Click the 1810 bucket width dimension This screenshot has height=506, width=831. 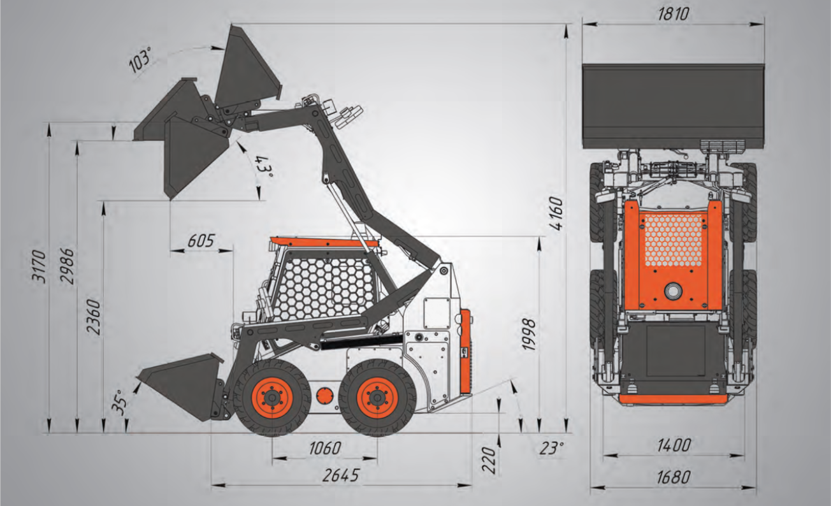pos(674,15)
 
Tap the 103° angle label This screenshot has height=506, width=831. pos(141,61)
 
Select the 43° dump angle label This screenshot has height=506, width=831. pos(264,167)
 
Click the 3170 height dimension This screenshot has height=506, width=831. pos(40,267)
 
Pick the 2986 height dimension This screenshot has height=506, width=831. pos(68,266)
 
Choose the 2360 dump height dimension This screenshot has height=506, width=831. pos(94,317)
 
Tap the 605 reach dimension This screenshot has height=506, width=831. pos(201,241)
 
